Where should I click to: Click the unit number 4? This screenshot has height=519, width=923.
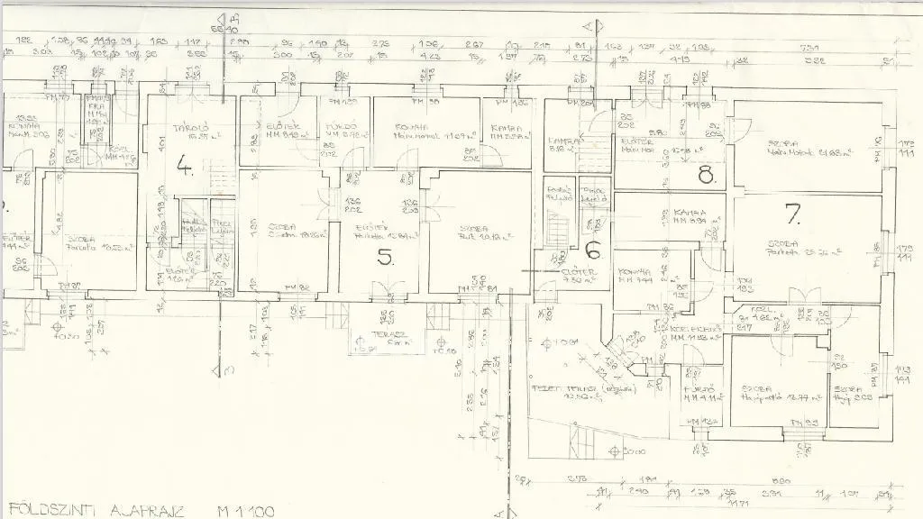point(185,165)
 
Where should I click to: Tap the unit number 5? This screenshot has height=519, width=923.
point(385,258)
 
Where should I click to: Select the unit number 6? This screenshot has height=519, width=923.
point(592,251)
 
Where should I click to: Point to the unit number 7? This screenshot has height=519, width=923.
point(792,214)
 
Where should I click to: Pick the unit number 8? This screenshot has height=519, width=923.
point(705,175)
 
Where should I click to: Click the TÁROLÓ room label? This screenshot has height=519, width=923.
point(190,128)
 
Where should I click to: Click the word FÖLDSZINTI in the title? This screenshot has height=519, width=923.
point(43,510)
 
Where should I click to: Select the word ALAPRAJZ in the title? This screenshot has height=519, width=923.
point(148,510)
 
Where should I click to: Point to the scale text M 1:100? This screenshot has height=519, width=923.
point(245,510)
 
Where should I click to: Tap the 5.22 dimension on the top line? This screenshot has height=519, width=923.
point(815,61)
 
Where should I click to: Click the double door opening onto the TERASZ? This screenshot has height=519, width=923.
point(389,290)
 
